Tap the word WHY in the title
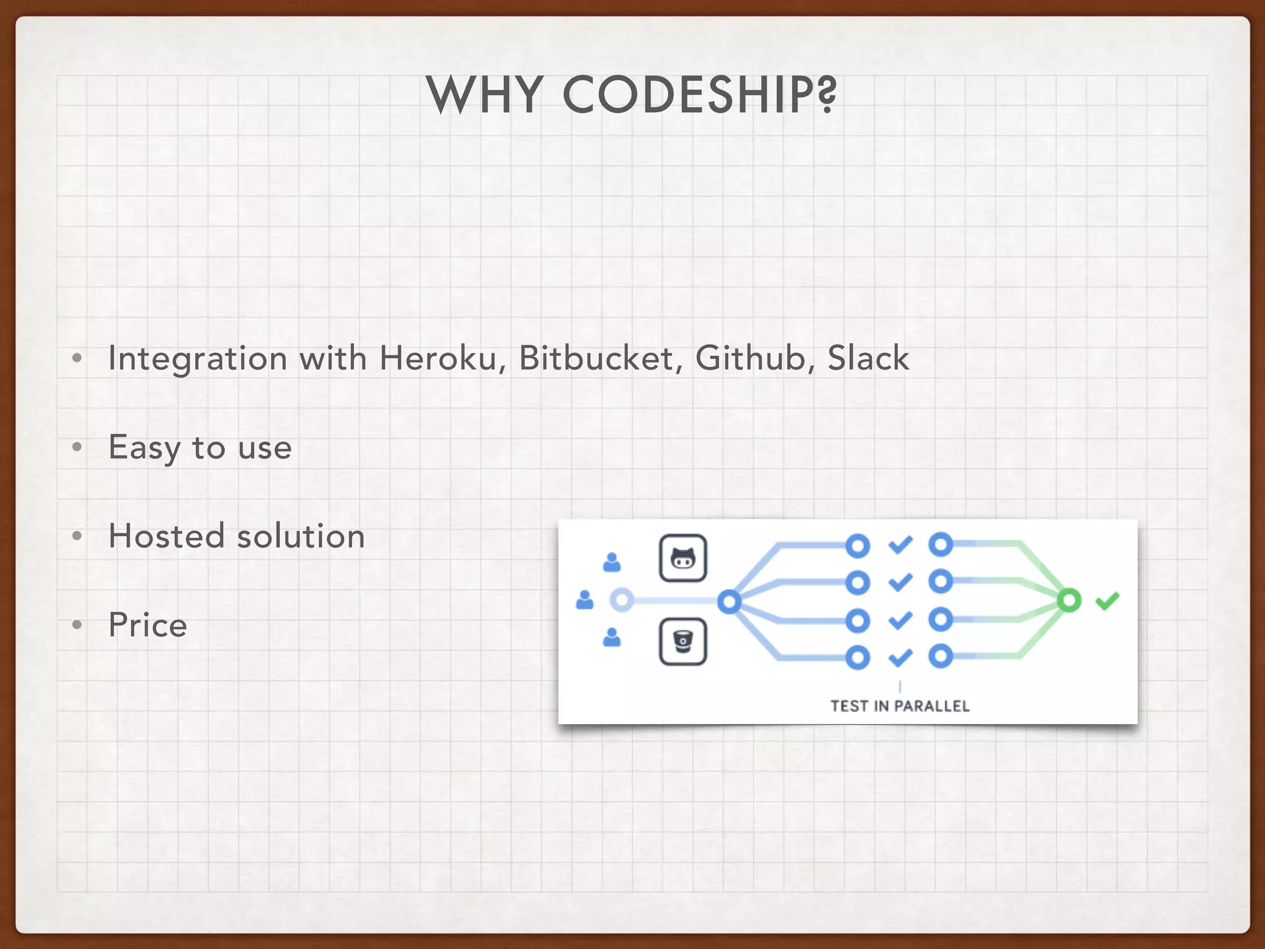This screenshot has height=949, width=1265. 485,95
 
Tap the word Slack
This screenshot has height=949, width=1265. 868,358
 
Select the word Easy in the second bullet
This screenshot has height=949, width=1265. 144,447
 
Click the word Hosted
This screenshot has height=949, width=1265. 166,536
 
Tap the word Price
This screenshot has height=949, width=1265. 148,625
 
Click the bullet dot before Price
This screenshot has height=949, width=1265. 77,625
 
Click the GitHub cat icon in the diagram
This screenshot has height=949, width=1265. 683,559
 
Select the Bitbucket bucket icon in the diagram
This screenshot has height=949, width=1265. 683,641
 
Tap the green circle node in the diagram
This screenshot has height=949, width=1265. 1069,600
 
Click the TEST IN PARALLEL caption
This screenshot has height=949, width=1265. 899,706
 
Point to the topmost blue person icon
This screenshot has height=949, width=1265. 611,562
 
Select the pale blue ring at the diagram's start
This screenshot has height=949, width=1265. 622,600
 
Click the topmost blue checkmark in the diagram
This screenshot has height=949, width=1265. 900,545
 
